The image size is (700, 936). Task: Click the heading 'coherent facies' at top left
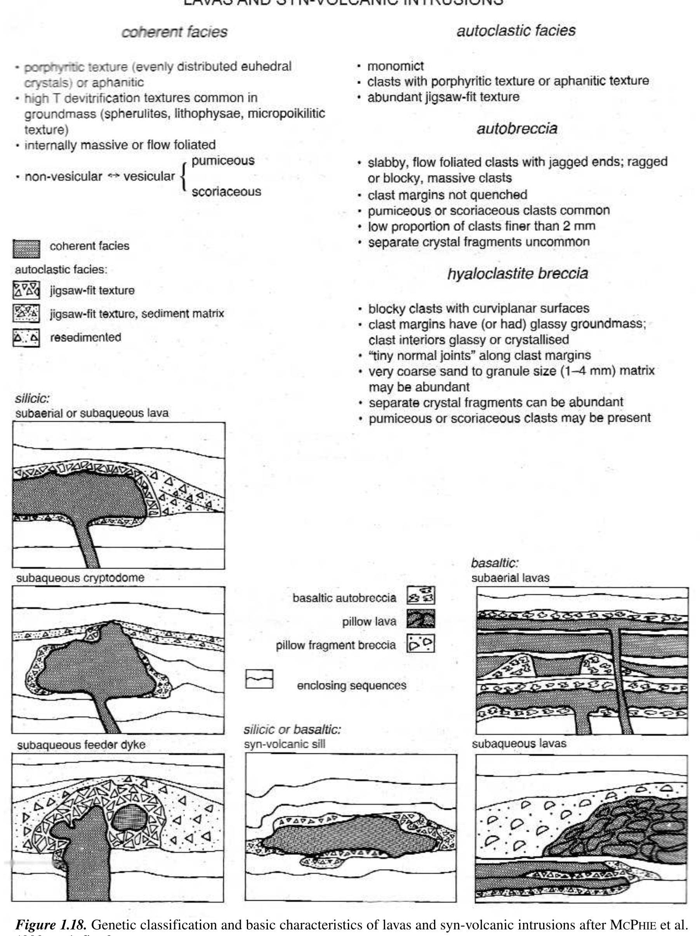pyautogui.click(x=174, y=32)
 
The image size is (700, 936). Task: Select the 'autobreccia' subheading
pyautogui.click(x=516, y=129)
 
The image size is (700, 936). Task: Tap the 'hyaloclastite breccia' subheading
pyautogui.click(x=517, y=274)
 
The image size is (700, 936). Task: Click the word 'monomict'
pyautogui.click(x=396, y=66)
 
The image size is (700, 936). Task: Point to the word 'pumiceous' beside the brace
pyautogui.click(x=223, y=161)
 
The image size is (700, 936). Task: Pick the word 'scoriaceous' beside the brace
pyautogui.click(x=226, y=192)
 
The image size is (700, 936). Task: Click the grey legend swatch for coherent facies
pyautogui.click(x=26, y=249)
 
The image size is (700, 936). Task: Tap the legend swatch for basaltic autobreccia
pyautogui.click(x=420, y=596)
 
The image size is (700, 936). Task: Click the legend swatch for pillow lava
pyautogui.click(x=420, y=619)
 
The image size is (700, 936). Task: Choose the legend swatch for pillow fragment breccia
pyautogui.click(x=420, y=644)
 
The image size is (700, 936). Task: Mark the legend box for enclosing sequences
pyautogui.click(x=259, y=679)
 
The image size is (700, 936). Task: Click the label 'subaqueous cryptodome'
pyautogui.click(x=80, y=578)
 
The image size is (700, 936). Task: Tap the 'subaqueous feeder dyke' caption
pyautogui.click(x=81, y=745)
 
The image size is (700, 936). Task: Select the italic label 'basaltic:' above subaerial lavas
pyautogui.click(x=495, y=563)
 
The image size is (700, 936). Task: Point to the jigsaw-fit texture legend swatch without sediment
pyautogui.click(x=26, y=290)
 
